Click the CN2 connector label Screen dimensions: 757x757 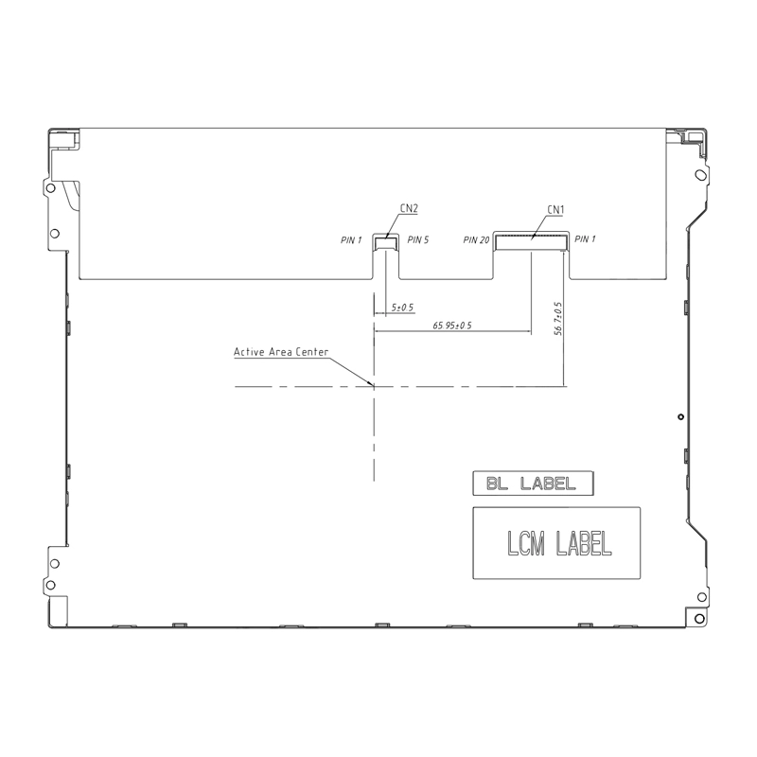[410, 208]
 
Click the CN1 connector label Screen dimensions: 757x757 [556, 209]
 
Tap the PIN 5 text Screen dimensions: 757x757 [418, 240]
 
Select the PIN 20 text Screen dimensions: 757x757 [476, 240]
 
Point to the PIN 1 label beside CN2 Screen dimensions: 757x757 [351, 240]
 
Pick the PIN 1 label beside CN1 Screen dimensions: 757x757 [586, 239]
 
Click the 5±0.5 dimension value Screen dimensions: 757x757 [403, 308]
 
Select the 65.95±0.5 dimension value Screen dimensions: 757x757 [452, 325]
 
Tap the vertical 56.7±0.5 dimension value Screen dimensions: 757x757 [558, 319]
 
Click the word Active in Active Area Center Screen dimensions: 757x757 [250, 352]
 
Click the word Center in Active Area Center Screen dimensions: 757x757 [311, 352]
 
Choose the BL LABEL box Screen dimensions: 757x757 [533, 484]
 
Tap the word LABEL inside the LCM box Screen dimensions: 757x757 [584, 543]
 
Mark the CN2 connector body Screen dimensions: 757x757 [386, 243]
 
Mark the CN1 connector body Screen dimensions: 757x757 [532, 242]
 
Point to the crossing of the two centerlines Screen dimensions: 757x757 [375, 386]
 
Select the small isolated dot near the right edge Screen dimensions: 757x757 [680, 416]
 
